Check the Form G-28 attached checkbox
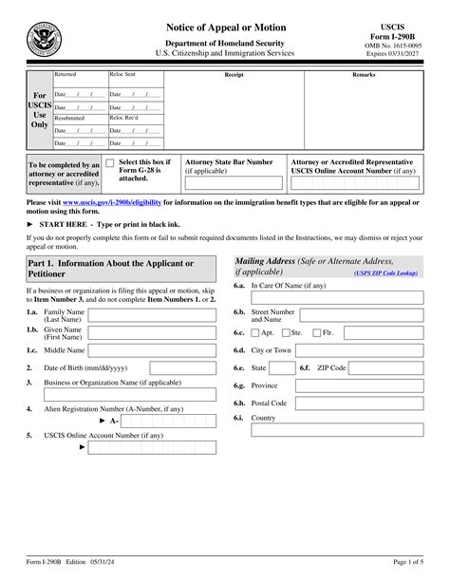pyautogui.click(x=110, y=165)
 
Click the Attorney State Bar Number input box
pyautogui.click(x=233, y=183)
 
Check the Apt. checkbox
pyautogui.click(x=254, y=333)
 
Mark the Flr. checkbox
pyautogui.click(x=316, y=333)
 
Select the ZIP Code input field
pyautogui.click(x=388, y=367)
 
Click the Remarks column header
pyautogui.click(x=365, y=74)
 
